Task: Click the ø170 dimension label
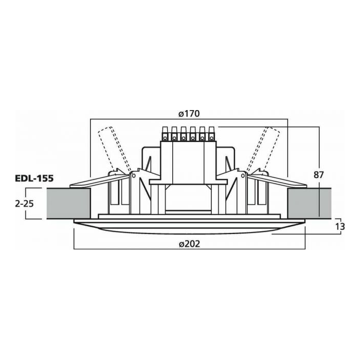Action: [189, 114]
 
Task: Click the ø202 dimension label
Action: [189, 244]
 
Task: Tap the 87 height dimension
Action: [319, 175]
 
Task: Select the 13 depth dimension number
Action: [340, 227]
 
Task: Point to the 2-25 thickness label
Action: [24, 204]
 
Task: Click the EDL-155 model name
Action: [34, 178]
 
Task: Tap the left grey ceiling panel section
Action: [68, 204]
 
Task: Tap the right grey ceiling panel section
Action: [309, 204]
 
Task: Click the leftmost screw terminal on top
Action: [165, 133]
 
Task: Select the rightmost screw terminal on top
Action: [211, 133]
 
